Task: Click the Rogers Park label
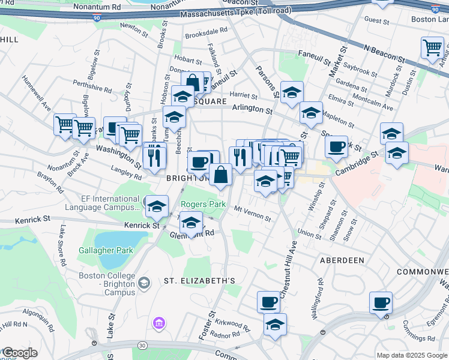[x=203, y=205]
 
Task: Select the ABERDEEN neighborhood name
[x=342, y=260]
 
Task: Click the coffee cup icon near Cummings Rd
[x=381, y=302]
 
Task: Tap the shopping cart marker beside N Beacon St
[x=432, y=47]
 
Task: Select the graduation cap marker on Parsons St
[x=292, y=92]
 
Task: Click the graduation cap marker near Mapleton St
[x=311, y=112]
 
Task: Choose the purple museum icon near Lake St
[x=159, y=324]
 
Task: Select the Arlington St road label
[x=253, y=110]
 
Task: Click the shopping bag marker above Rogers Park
[x=221, y=175]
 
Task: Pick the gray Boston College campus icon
[x=144, y=282]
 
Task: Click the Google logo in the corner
[x=19, y=353]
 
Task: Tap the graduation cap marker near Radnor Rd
[x=275, y=325]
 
